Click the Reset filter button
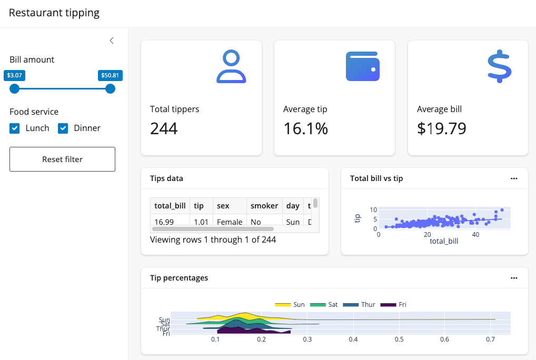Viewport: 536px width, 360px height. point(62,159)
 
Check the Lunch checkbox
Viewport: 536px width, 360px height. point(15,128)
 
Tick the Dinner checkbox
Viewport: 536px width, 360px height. point(63,128)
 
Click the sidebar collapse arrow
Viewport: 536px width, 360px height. point(112,41)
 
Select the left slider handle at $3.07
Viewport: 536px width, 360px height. point(14,88)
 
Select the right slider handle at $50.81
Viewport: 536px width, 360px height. point(110,88)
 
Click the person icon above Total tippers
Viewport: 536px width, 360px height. point(231,66)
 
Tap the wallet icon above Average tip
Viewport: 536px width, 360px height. point(363,66)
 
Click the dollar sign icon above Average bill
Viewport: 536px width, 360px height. point(499,66)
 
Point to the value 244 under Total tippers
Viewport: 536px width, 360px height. point(164,128)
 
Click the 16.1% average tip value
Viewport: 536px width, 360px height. point(305,128)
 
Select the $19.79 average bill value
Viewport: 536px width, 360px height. point(441,128)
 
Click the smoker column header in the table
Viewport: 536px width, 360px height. point(264,206)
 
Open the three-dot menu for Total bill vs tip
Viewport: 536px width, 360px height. point(514,178)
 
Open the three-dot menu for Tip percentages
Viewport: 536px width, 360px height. point(514,278)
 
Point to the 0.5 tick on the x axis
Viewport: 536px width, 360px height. point(400,339)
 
